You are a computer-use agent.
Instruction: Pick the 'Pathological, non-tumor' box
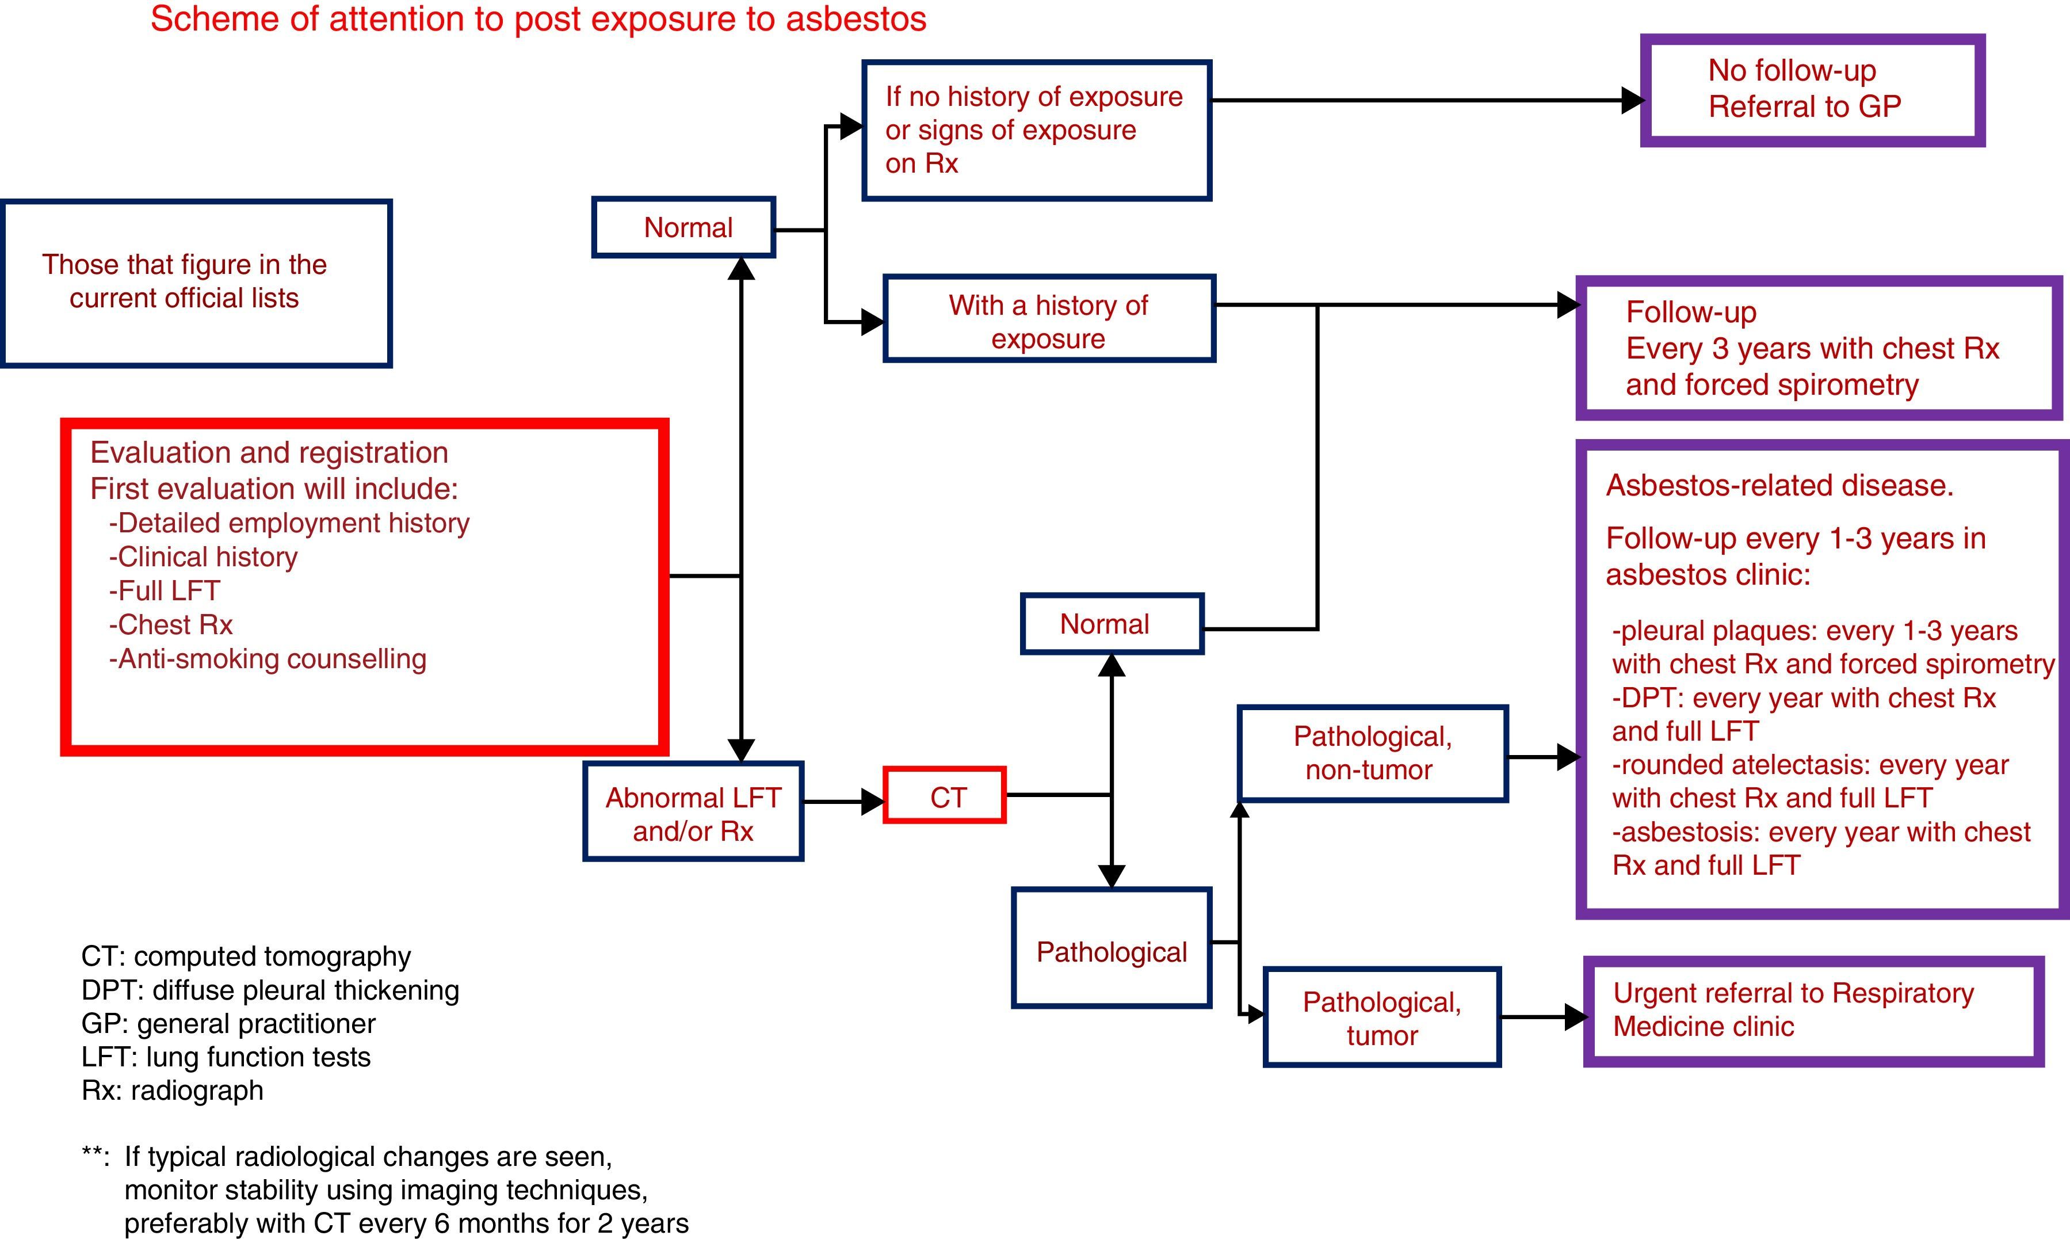click(x=1372, y=753)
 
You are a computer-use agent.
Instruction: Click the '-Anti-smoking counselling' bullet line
click(x=267, y=659)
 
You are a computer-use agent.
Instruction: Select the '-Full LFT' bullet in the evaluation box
click(x=165, y=591)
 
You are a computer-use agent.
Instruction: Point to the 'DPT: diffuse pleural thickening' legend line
click(x=270, y=990)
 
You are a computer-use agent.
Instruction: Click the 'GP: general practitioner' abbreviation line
click(x=228, y=1024)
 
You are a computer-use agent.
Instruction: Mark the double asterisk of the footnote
click(x=94, y=1156)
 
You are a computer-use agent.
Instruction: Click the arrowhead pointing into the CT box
click(x=872, y=802)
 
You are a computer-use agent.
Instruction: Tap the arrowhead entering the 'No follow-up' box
click(x=1632, y=100)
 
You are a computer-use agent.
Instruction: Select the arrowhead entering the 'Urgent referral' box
click(x=1575, y=1017)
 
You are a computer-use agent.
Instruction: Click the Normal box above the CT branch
click(x=1112, y=624)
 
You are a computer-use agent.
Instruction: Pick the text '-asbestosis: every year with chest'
click(x=1820, y=832)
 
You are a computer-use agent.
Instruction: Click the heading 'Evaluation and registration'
click(x=269, y=452)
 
